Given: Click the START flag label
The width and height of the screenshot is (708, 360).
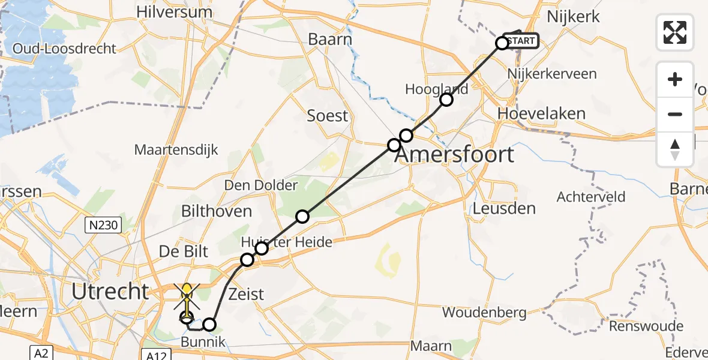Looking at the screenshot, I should (522, 41).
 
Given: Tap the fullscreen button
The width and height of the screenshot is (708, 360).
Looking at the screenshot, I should (675, 32).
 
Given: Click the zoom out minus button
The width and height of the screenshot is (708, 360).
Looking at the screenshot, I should (675, 114).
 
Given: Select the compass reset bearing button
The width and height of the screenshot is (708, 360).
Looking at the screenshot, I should (675, 149).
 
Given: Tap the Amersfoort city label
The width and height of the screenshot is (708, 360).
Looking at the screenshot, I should (454, 154).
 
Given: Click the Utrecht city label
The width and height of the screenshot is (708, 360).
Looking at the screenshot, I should (110, 292).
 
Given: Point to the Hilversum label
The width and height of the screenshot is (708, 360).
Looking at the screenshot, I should (175, 11).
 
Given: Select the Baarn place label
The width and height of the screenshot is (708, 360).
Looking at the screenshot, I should (329, 39).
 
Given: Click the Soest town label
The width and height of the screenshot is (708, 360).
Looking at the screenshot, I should (328, 115).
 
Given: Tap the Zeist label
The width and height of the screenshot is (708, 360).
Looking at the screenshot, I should (247, 295).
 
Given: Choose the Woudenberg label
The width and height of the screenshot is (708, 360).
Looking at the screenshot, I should (484, 313).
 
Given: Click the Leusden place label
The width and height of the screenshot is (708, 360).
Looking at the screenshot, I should (504, 208).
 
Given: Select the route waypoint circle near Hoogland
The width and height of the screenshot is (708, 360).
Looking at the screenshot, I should (446, 100).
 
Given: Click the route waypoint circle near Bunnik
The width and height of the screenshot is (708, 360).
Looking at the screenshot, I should (209, 325).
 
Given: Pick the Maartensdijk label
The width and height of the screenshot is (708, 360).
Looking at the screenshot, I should (176, 149).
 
